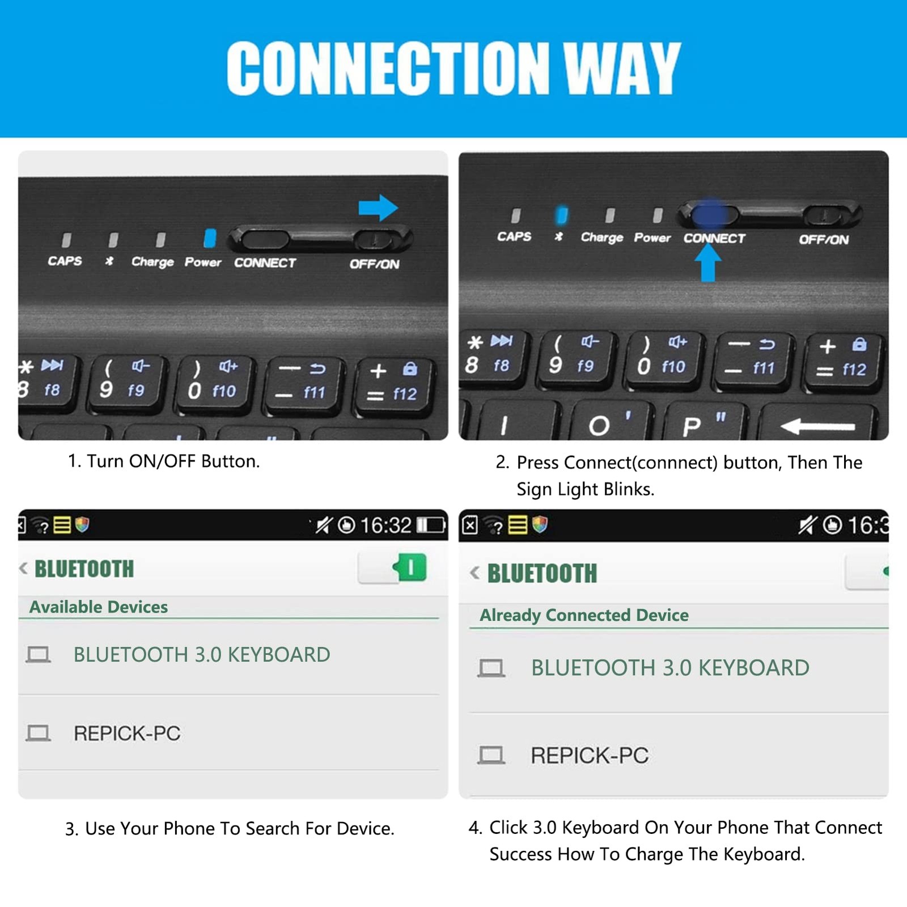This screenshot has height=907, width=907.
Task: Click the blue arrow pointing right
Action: click(x=378, y=207)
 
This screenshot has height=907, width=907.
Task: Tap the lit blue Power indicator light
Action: click(x=210, y=238)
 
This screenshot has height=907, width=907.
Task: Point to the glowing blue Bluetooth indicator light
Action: click(x=561, y=215)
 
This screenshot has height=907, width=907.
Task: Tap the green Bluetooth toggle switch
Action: click(x=409, y=567)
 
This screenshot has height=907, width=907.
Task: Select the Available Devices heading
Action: click(x=99, y=607)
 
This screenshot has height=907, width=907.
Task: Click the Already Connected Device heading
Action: click(x=584, y=615)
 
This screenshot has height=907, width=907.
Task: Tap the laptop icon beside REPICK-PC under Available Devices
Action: click(x=38, y=733)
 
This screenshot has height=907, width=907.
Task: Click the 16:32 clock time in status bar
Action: click(x=385, y=525)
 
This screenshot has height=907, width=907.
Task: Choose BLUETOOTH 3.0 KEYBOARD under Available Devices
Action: click(x=202, y=655)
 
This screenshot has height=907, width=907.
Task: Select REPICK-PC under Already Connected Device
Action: click(x=590, y=755)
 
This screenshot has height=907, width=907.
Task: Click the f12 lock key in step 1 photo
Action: click(x=393, y=384)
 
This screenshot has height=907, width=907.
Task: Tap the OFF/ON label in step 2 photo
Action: click(x=824, y=239)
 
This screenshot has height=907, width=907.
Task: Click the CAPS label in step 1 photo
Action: click(x=65, y=261)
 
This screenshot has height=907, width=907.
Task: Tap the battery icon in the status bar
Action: click(x=431, y=525)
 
